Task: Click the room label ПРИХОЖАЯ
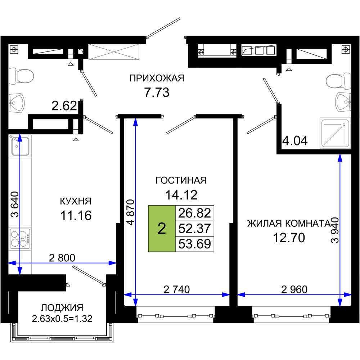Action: pyautogui.click(x=157, y=78)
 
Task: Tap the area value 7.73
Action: pyautogui.click(x=157, y=93)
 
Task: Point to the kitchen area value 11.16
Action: pyautogui.click(x=76, y=216)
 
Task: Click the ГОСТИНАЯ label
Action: pyautogui.click(x=181, y=180)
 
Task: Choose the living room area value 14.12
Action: pyautogui.click(x=181, y=195)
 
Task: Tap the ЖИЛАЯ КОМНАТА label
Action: pyautogui.click(x=288, y=223)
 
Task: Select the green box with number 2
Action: pyautogui.click(x=162, y=228)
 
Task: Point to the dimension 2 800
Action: pyautogui.click(x=63, y=258)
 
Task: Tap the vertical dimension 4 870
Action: pyautogui.click(x=130, y=212)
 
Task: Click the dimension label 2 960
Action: pyautogui.click(x=295, y=289)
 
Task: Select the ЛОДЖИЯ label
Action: pyautogui.click(x=62, y=308)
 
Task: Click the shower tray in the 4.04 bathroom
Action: pyautogui.click(x=335, y=133)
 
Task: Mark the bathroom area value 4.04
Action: pyautogui.click(x=295, y=140)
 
